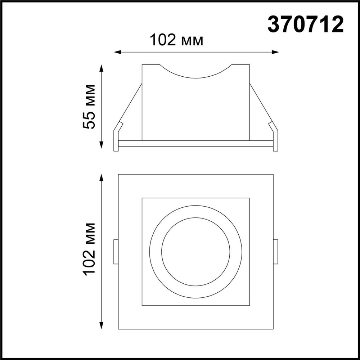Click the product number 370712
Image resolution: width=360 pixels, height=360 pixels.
305,25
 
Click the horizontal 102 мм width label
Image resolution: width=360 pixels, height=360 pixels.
176,40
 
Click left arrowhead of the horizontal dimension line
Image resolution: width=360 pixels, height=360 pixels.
117,52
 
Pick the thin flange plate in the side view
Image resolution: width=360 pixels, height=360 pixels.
196,143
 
